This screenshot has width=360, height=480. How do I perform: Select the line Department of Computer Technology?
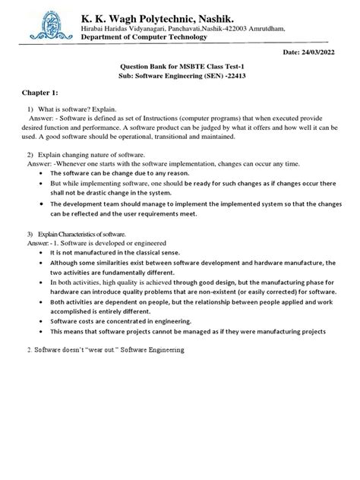coord(144,36)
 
